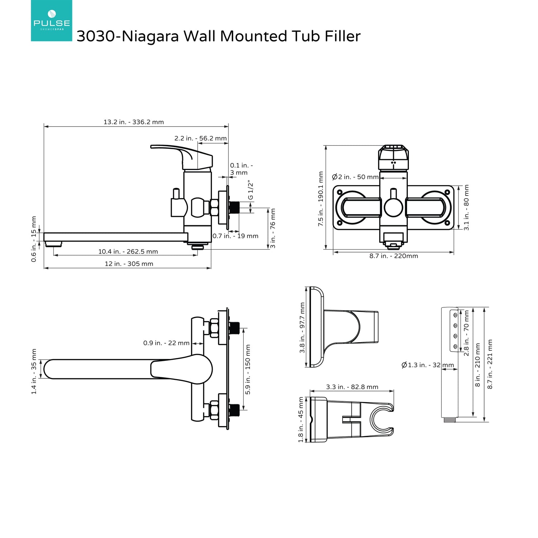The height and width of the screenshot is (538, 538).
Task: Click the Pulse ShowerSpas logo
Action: click(51, 20)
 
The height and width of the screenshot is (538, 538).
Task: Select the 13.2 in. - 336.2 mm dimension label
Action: click(134, 122)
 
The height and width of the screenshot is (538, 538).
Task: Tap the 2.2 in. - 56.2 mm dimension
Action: click(200, 138)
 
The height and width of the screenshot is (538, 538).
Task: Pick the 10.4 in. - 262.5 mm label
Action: click(128, 251)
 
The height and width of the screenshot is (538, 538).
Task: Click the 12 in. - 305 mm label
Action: click(129, 264)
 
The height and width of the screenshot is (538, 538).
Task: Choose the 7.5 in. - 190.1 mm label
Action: click(321, 199)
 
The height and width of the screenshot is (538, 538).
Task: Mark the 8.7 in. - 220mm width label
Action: click(394, 256)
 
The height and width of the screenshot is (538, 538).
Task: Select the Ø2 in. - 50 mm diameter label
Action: click(355, 177)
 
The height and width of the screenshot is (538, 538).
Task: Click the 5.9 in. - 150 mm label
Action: click(248, 369)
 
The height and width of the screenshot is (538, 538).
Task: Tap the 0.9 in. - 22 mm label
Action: click(166, 343)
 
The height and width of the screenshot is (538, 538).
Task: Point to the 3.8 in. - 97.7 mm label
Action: click(302, 328)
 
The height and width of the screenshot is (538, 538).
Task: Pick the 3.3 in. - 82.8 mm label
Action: click(352, 387)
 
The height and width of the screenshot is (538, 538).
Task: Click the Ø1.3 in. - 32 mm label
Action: click(428, 365)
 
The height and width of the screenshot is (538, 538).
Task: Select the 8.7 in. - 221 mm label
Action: click(490, 364)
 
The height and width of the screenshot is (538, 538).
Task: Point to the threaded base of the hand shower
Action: click(450, 420)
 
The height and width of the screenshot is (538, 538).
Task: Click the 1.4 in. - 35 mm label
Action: click(34, 371)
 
